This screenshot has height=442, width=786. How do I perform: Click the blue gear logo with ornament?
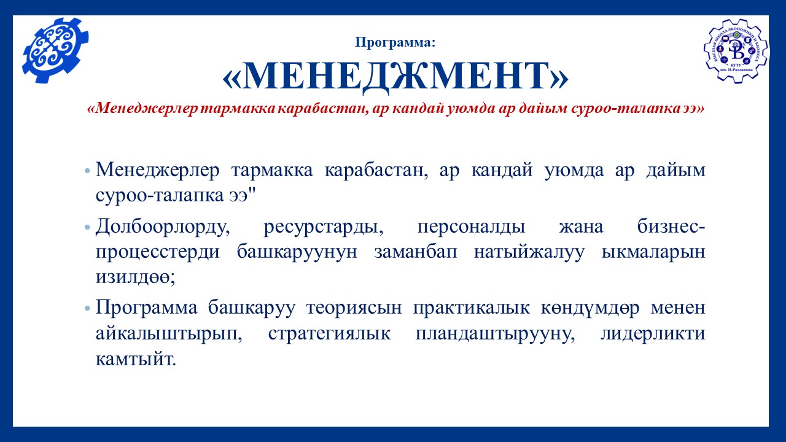(x=55, y=50)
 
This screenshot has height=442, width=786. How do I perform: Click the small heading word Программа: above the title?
(x=395, y=42)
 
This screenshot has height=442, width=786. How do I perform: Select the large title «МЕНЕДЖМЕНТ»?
(x=395, y=77)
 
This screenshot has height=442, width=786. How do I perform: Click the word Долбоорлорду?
(x=163, y=227)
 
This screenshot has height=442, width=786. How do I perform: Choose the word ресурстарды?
(x=324, y=228)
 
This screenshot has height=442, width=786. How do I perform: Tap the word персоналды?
(x=471, y=228)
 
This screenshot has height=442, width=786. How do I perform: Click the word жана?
(x=581, y=227)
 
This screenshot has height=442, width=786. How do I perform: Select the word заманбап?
(x=416, y=252)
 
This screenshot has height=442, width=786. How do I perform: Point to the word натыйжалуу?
(x=529, y=252)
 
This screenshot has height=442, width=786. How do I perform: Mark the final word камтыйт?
(x=136, y=360)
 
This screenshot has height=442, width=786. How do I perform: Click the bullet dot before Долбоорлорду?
(x=87, y=228)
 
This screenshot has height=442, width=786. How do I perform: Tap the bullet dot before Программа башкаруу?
(x=87, y=309)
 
